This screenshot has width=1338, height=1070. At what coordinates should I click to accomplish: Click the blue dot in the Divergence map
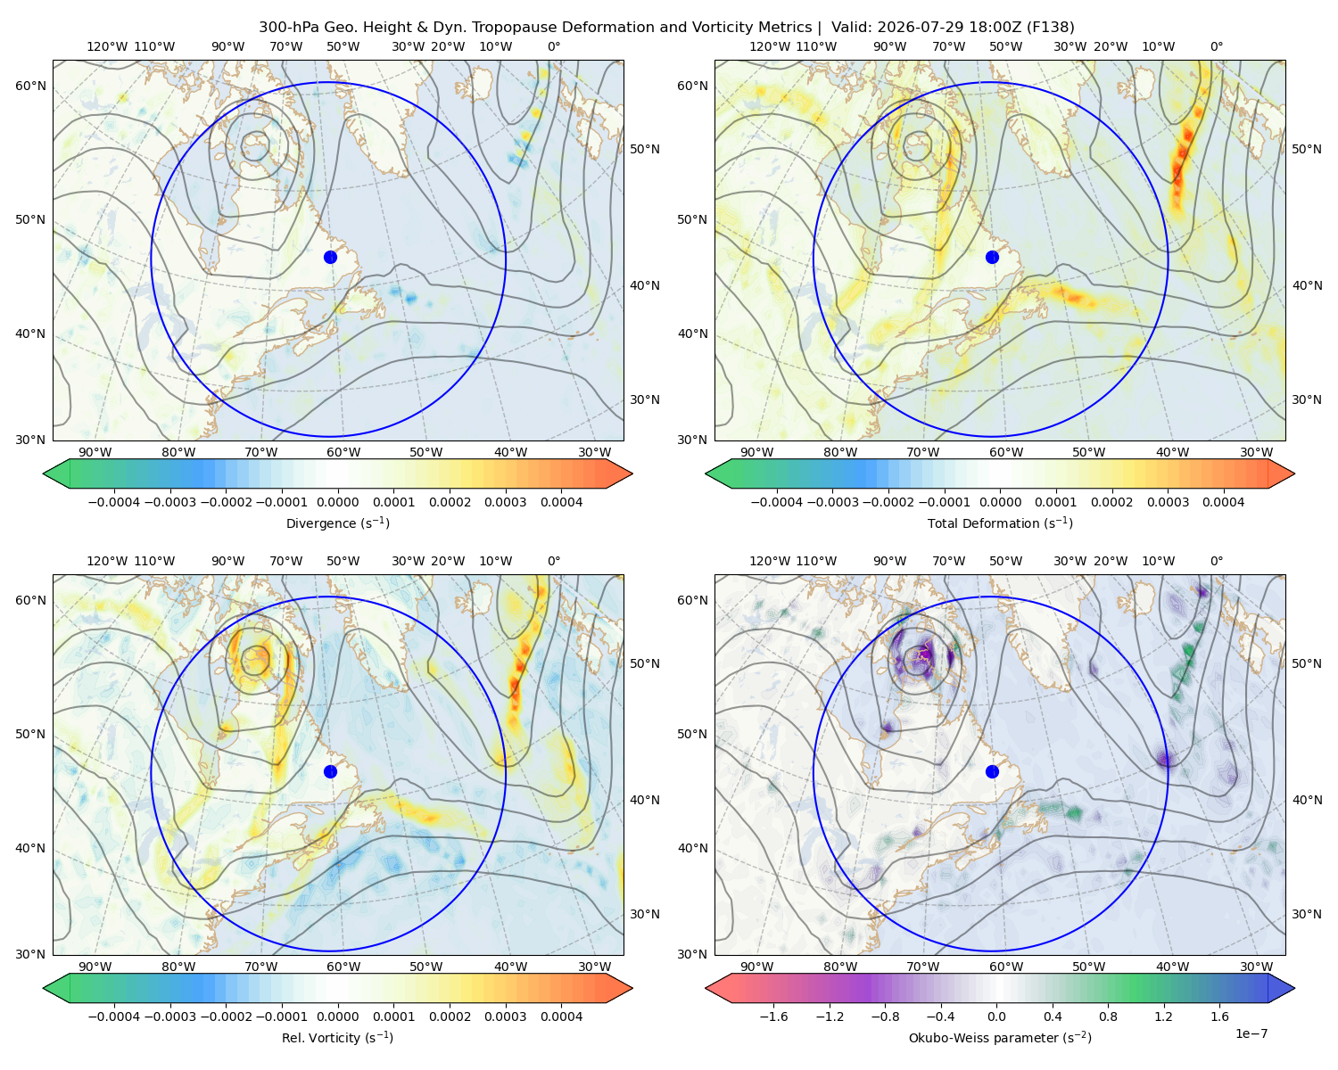point(330,257)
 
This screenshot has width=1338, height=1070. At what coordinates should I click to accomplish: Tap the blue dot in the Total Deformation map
point(992,257)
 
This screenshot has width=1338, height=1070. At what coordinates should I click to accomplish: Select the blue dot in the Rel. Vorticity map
point(330,771)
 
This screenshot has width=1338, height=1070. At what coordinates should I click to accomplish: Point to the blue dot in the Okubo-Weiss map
point(992,771)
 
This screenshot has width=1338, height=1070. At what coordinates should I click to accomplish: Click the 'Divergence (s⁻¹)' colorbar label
point(337,523)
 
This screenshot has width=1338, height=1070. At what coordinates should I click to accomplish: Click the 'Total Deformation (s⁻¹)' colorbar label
point(1000,523)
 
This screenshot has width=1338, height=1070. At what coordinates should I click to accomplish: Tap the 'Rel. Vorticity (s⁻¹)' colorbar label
point(337,1037)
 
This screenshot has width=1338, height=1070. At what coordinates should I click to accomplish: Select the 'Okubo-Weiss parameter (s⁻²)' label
point(1000,1037)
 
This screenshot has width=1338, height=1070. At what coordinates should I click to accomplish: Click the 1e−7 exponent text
point(1251,1033)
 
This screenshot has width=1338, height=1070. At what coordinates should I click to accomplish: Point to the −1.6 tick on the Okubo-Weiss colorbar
point(773,1016)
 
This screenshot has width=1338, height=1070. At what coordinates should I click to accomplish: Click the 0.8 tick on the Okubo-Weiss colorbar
point(1108,1016)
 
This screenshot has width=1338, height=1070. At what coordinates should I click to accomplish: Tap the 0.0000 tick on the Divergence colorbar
point(337,502)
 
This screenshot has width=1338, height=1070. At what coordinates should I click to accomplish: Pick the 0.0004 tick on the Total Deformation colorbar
point(1223,502)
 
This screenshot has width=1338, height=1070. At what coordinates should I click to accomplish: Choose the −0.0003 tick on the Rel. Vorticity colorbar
point(169,1016)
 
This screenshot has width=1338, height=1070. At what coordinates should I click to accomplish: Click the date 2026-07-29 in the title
point(909,28)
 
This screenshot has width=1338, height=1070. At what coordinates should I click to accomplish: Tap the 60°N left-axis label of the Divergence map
point(30,86)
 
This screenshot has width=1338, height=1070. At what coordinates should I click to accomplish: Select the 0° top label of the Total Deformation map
point(1216,46)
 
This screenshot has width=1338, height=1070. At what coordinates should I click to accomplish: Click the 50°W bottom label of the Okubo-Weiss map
point(1088,967)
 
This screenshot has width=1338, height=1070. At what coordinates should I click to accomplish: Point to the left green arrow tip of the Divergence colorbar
point(44,473)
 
